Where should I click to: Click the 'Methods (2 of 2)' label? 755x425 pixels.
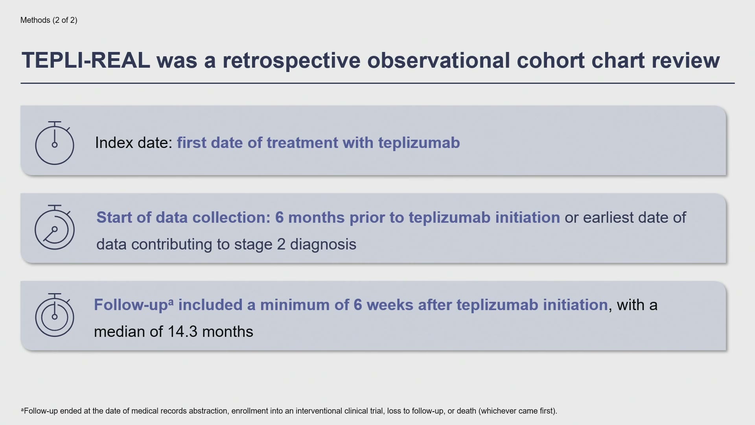[49, 20]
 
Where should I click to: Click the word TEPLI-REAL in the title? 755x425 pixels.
[86, 60]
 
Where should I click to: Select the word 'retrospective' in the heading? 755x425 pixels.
[291, 61]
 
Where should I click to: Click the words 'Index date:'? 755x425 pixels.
[134, 142]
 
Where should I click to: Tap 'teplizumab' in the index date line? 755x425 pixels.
[419, 143]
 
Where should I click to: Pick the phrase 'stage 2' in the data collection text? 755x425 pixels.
[260, 244]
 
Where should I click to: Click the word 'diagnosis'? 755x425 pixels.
[323, 244]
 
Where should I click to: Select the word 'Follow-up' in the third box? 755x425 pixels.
[131, 305]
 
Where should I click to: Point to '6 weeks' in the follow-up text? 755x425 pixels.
[383, 305]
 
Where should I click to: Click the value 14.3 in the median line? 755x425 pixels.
[182, 332]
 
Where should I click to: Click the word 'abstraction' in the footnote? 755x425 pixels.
[208, 411]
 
